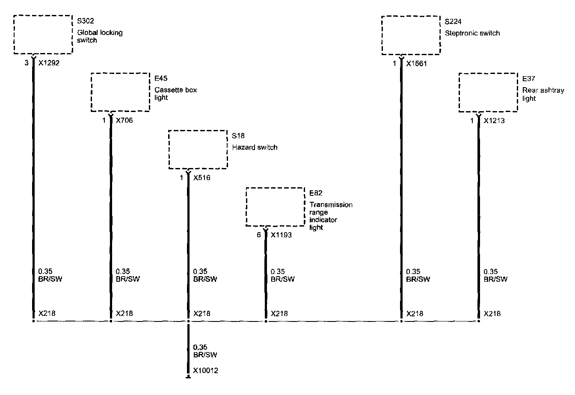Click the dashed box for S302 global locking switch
(x=43, y=35)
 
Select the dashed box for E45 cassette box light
(x=121, y=92)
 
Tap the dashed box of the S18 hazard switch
(x=198, y=150)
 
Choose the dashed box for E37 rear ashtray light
(x=488, y=92)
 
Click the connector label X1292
(x=50, y=63)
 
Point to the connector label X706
(x=124, y=121)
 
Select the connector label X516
(x=202, y=178)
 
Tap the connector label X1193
(x=281, y=235)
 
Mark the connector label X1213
(x=494, y=121)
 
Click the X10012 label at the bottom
(x=205, y=371)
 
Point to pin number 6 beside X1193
(x=258, y=235)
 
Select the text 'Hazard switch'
(x=255, y=147)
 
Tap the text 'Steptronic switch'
(x=472, y=33)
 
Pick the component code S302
(x=86, y=21)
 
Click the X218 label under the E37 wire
(x=492, y=314)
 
